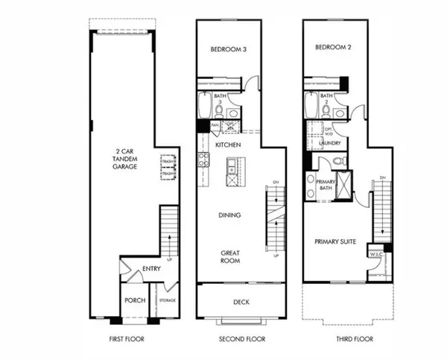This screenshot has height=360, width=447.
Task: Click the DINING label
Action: pyautogui.click(x=229, y=215)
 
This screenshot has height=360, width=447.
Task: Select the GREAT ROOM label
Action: pyautogui.click(x=229, y=258)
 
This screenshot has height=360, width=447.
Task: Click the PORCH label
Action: pyautogui.click(x=135, y=301)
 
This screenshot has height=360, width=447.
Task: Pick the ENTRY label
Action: pyautogui.click(x=151, y=268)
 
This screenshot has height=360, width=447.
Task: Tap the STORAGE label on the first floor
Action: pyautogui.click(x=168, y=300)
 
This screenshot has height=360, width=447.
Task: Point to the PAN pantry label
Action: pyautogui.click(x=215, y=125)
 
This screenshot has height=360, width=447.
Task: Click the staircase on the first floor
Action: pyautogui.click(x=170, y=231)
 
